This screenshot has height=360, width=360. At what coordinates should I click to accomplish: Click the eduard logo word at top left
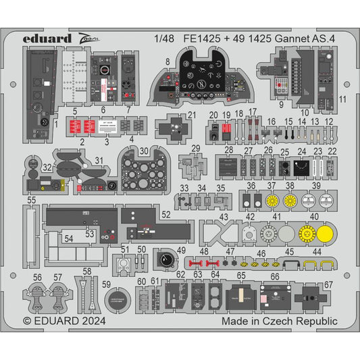point(48,38)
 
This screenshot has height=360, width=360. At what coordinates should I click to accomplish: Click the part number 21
point(192,115)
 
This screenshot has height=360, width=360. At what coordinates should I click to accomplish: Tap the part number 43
point(224,217)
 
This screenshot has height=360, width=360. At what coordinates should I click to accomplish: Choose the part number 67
point(328,284)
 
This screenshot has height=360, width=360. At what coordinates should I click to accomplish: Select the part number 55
point(32,201)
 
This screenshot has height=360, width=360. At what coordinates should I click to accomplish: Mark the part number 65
point(241,275)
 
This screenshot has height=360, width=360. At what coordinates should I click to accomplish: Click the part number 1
point(56,125)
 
